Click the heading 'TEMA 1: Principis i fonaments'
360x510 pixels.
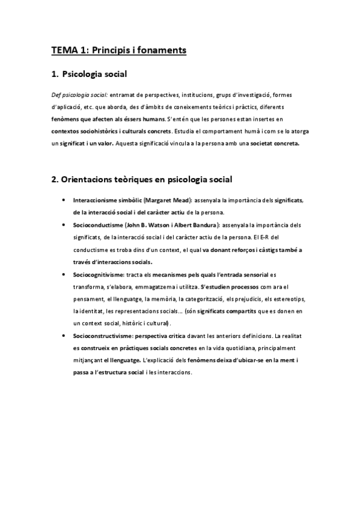pyautogui.click(x=119, y=51)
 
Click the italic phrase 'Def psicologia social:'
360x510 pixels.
pyautogui.click(x=76, y=95)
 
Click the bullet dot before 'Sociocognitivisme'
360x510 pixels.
pyautogui.click(x=64, y=274)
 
